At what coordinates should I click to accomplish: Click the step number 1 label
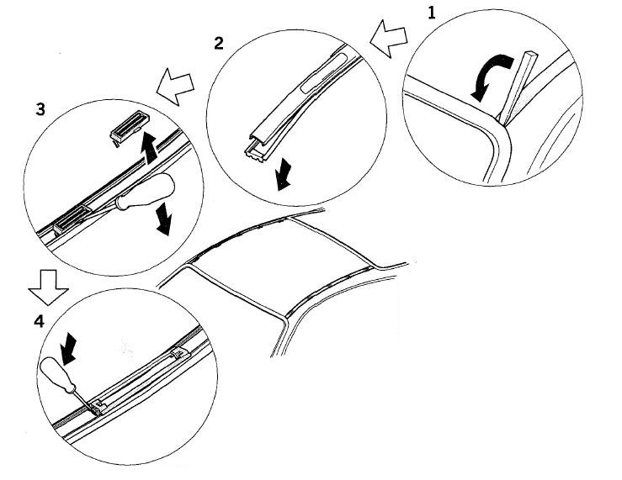tap(432, 13)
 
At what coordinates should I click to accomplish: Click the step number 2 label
tap(219, 43)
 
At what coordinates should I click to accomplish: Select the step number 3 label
tap(40, 109)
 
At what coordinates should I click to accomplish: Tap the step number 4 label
tap(39, 321)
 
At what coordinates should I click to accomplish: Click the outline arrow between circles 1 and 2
tap(388, 39)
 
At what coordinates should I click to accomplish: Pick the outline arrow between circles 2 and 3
tap(175, 87)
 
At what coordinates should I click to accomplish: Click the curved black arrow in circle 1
tap(490, 76)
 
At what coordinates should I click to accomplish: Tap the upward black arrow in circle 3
tap(150, 148)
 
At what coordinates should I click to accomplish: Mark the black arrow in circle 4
tap(69, 349)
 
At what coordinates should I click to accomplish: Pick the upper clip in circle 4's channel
tap(180, 354)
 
